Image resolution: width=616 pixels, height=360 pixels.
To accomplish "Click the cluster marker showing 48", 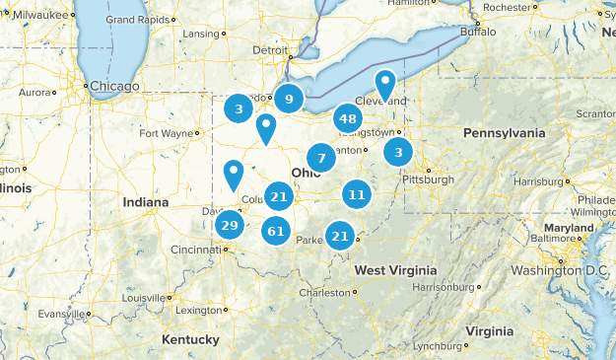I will [x=347, y=119].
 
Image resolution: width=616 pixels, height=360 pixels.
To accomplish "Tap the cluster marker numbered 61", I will [x=276, y=232].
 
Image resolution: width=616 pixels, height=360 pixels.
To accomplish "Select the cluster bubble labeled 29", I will [x=230, y=226].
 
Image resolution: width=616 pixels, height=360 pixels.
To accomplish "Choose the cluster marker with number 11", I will [x=357, y=194].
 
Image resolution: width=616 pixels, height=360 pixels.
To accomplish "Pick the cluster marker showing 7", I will [x=321, y=158].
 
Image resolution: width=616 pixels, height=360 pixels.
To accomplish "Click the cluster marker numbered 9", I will [x=289, y=98].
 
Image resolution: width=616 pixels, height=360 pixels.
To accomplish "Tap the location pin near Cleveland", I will [x=385, y=84].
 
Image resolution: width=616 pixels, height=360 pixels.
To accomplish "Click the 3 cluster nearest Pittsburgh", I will [x=398, y=151].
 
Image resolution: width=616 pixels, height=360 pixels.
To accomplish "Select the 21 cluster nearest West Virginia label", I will [x=340, y=235].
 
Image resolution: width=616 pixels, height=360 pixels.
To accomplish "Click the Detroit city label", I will [x=271, y=49].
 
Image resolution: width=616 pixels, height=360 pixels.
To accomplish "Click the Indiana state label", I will [x=146, y=202].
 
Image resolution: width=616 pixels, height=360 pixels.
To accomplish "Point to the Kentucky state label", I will [x=190, y=339].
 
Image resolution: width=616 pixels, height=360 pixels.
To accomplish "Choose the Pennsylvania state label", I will [x=504, y=132].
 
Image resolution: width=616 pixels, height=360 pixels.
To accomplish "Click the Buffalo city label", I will [x=479, y=32].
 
